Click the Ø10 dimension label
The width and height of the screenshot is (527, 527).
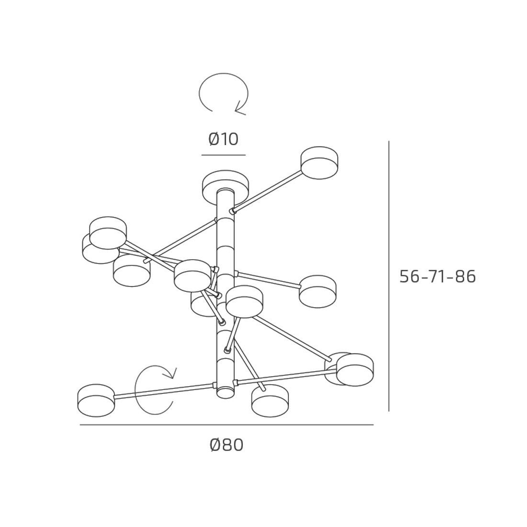click(x=224, y=139)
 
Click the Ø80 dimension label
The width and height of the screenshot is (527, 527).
click(x=226, y=446)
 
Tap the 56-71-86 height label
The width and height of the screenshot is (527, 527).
click(x=437, y=277)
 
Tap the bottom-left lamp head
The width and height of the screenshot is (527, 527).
click(x=96, y=401)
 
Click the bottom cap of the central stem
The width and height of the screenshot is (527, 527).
click(x=225, y=392)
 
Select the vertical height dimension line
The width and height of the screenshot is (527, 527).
click(x=389, y=276)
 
